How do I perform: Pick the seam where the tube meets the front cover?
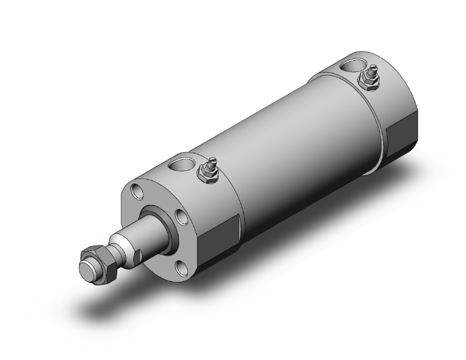239,188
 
